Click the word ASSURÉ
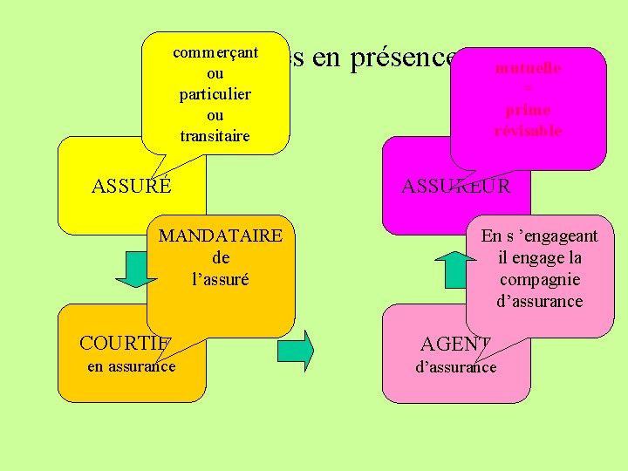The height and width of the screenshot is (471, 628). (132, 185)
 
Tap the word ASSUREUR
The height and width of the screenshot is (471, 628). (455, 185)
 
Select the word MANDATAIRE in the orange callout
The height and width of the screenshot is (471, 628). (220, 235)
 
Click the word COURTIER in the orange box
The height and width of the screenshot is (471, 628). (126, 342)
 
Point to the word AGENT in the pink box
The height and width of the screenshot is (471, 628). (454, 343)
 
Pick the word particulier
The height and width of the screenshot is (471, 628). (215, 93)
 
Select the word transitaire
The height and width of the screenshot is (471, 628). (215, 135)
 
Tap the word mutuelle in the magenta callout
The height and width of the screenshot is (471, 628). (528, 68)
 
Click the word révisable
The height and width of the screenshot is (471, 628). (528, 131)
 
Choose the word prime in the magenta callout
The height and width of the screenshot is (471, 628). (528, 110)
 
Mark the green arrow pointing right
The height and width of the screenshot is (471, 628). (296, 351)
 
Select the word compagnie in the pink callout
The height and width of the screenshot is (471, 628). (539, 279)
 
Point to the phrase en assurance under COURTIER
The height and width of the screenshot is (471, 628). (132, 366)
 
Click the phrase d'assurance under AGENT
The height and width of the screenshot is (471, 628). (455, 367)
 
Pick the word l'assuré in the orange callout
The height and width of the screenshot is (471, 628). (220, 279)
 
